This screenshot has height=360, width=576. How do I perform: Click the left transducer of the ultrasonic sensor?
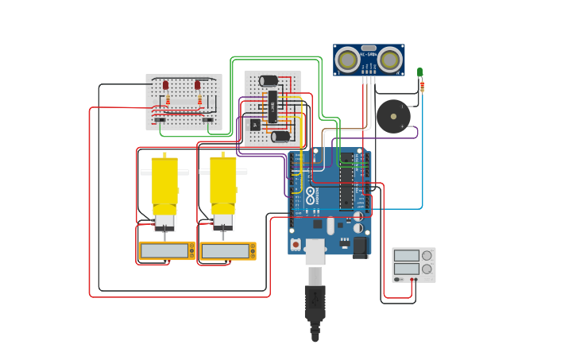[347, 60]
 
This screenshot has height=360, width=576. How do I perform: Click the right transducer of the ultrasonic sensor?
[389, 60]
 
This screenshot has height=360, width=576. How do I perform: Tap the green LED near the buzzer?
[419, 72]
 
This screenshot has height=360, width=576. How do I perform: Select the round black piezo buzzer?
[393, 116]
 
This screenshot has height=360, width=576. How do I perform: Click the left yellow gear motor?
[164, 183]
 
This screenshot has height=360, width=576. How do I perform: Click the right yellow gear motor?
[223, 183]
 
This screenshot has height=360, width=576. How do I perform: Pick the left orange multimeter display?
[165, 251]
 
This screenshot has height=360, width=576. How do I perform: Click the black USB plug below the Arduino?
[315, 306]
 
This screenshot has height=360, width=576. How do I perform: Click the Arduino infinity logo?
[311, 195]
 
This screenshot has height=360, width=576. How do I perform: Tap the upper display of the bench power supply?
[407, 256]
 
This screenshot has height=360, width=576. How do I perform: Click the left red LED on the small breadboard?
[165, 85]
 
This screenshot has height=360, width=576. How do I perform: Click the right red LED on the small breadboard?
[198, 85]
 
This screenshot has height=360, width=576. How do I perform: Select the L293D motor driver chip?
[273, 106]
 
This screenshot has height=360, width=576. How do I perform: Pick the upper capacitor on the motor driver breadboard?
[269, 80]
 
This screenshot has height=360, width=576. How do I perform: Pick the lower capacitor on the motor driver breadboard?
[280, 136]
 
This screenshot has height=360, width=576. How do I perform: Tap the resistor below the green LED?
[422, 86]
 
